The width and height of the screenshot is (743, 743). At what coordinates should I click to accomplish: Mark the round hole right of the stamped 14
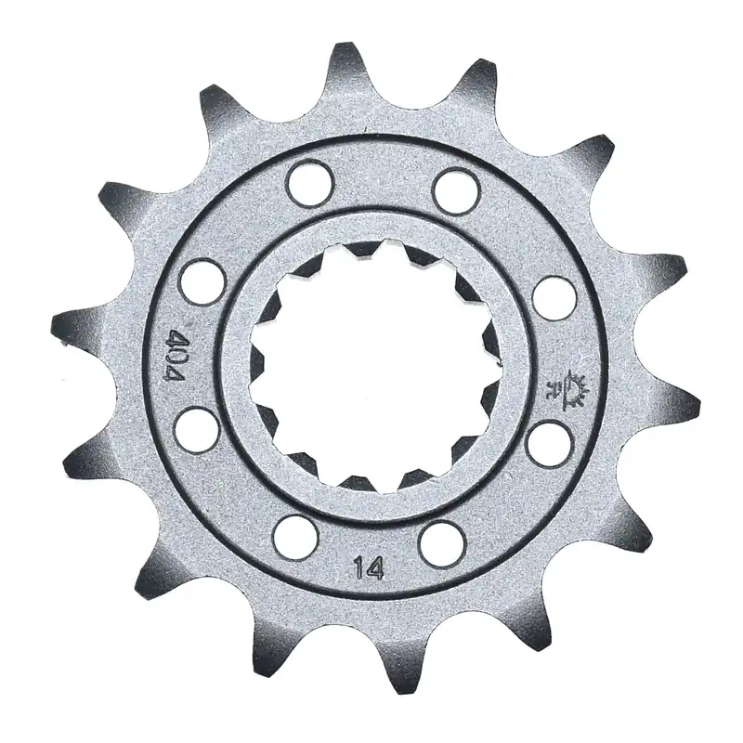click(440, 541)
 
